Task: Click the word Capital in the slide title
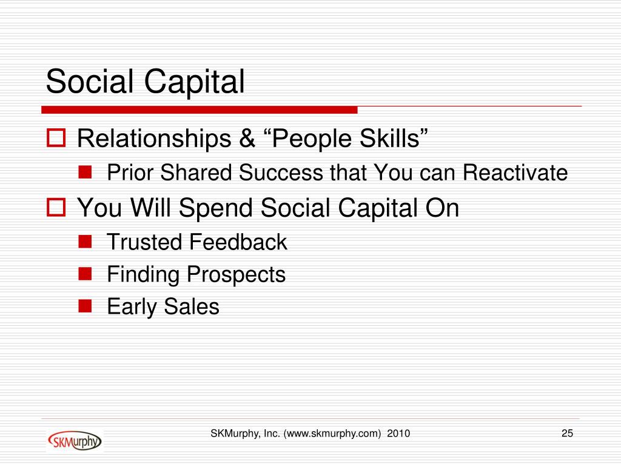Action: coord(194,83)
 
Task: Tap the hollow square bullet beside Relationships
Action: coord(56,137)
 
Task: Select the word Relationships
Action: coord(154,139)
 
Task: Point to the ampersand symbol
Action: coord(247,139)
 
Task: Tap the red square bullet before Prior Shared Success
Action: coord(85,172)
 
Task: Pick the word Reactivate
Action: coord(515,173)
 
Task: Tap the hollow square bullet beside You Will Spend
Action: coord(56,207)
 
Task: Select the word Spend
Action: coord(215,208)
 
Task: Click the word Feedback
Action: coord(238,242)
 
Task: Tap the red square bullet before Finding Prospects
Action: coord(85,274)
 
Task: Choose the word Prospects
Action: coord(236,275)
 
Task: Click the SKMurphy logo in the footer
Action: coord(75,441)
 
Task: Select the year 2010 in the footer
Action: coord(398,434)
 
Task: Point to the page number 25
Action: coord(567,434)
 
